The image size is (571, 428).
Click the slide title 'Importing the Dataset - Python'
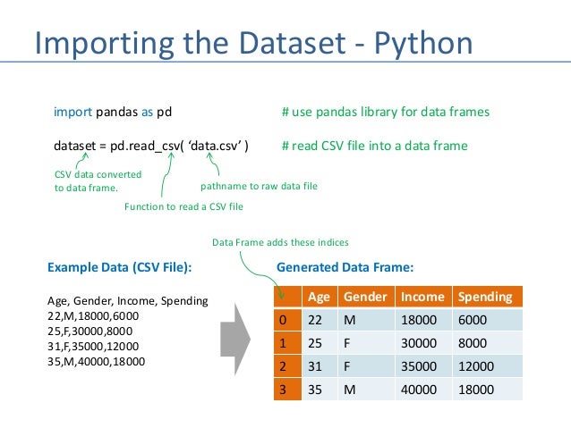[252, 42]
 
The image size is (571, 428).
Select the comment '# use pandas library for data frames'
[385, 113]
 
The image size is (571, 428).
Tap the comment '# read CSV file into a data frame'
[374, 146]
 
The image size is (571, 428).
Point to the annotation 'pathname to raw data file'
[259, 186]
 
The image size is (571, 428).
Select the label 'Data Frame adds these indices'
[280, 242]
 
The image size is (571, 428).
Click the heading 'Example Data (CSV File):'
[119, 266]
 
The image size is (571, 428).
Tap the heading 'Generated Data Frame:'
[345, 266]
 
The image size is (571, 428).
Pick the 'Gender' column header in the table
[365, 297]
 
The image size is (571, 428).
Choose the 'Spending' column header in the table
[484, 297]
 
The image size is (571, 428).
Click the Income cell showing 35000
[422, 366]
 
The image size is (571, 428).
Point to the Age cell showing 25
[314, 343]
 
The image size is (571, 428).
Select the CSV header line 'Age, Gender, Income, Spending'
[126, 301]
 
